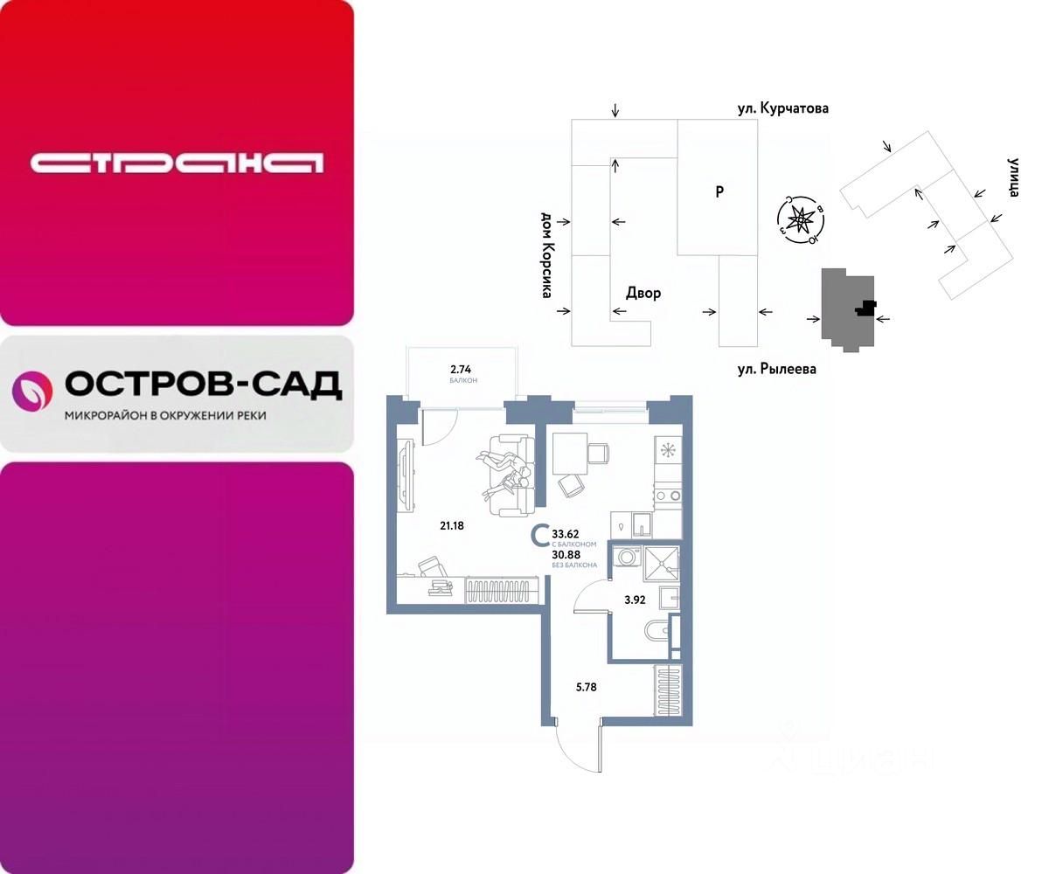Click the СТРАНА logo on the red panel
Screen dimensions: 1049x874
pyautogui.click(x=177, y=163)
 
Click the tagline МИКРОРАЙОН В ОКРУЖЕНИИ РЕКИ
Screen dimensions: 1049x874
pyautogui.click(x=165, y=416)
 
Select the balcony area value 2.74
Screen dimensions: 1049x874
pyautogui.click(x=461, y=370)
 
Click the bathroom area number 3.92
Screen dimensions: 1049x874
pyautogui.click(x=634, y=600)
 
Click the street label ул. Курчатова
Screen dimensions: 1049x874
pyautogui.click(x=781, y=108)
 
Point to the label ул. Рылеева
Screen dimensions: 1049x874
pyautogui.click(x=775, y=370)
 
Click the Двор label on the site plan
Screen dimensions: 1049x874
pyautogui.click(x=643, y=293)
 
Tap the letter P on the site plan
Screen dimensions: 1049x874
pyautogui.click(x=719, y=191)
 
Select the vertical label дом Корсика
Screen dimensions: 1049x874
pyautogui.click(x=546, y=254)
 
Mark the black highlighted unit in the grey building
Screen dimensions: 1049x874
pyautogui.click(x=866, y=307)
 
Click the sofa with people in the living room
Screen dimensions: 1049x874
pyautogui.click(x=508, y=475)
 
